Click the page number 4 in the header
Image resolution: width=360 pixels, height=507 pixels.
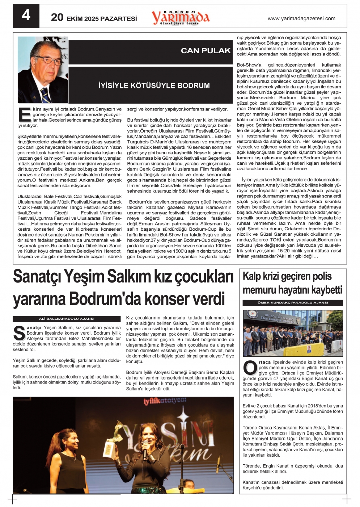coord(26,16)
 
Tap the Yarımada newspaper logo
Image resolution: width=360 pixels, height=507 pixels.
coord(181,17)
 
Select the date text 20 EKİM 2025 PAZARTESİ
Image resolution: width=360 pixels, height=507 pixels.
coord(94,18)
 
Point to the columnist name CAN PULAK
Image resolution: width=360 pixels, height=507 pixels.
coord(206,51)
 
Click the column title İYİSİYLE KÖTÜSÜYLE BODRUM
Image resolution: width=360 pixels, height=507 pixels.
coord(154,86)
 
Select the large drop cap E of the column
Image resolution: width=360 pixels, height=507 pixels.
coord(24,114)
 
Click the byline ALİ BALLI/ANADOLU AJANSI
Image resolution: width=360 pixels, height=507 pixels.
coord(67,319)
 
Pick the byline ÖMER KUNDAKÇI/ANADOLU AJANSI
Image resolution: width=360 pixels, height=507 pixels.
coord(293,302)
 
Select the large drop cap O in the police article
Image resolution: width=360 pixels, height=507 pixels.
coord(250,368)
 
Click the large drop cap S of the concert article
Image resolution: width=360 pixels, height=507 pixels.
coord(19,334)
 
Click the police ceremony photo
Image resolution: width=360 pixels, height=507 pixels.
coord(293,333)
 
